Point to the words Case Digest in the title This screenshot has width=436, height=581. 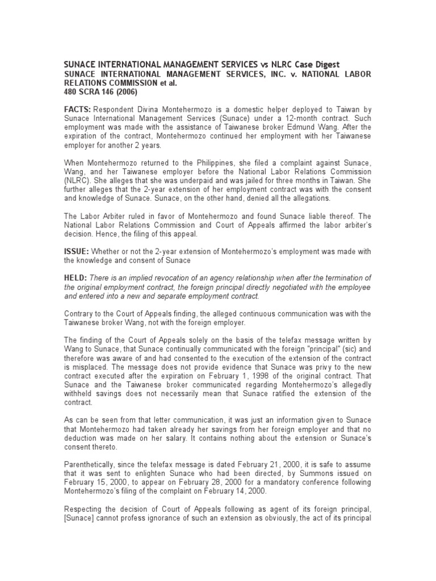point(312,64)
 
